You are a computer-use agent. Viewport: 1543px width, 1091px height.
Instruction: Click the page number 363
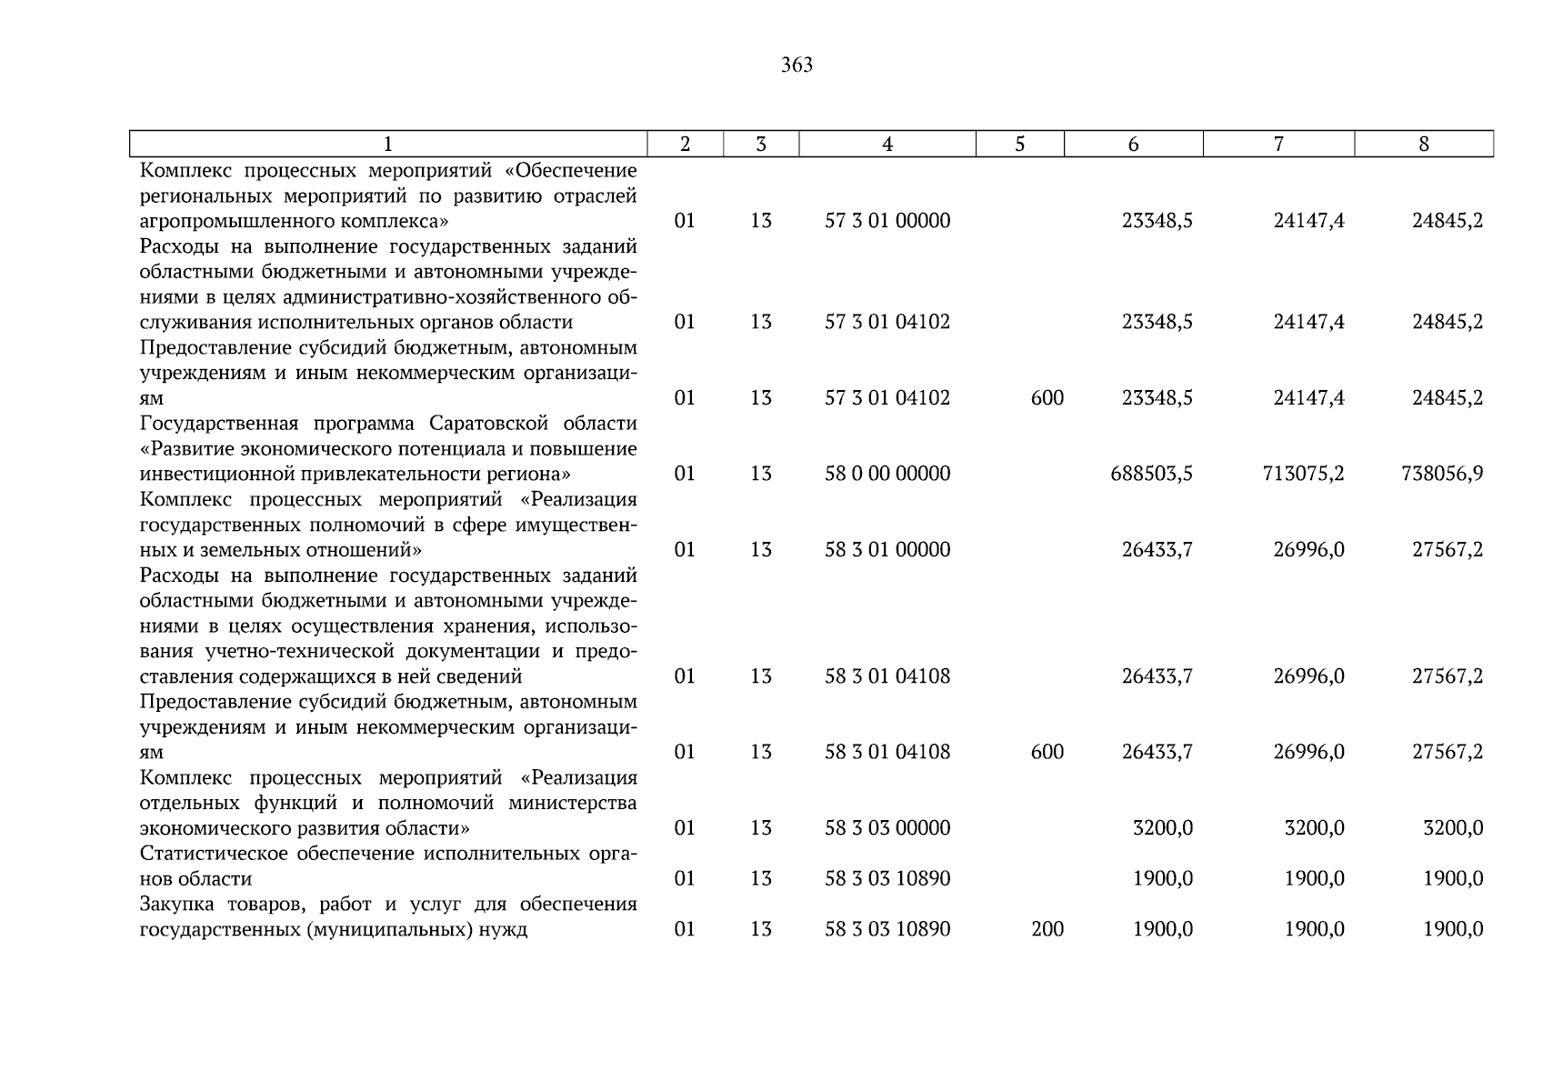pos(797,65)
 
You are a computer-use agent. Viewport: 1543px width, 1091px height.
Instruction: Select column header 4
pos(887,144)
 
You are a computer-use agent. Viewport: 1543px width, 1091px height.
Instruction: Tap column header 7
pos(1278,144)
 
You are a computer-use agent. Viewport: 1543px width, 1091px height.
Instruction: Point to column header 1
pos(388,144)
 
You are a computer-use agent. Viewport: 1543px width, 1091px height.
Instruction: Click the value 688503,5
pos(1151,474)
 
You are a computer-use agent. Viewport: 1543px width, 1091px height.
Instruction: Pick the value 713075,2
pos(1303,474)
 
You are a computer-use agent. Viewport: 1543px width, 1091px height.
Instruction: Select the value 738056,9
pos(1442,474)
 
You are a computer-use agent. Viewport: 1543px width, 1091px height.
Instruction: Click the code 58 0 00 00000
pos(887,474)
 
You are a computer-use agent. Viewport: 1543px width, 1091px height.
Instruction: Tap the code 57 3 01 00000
pos(887,221)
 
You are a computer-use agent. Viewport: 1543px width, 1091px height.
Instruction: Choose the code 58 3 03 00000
pos(887,828)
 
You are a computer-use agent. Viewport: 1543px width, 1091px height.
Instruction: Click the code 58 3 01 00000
pos(887,550)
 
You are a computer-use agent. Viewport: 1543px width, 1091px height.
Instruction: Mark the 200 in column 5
pos(1047,929)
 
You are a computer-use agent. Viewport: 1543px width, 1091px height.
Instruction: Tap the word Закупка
pos(178,905)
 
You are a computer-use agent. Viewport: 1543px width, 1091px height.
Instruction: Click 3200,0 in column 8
pos(1452,828)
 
